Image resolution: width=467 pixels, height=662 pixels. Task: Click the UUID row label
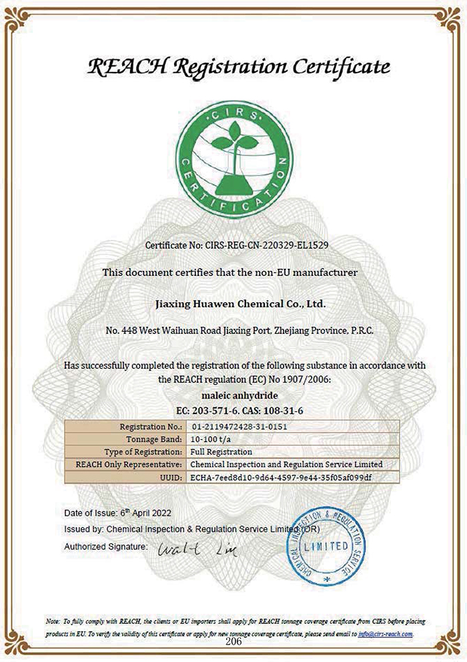(x=169, y=477)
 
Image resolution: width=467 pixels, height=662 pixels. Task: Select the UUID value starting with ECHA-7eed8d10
(x=280, y=477)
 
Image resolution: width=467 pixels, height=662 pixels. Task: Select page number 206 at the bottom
(x=233, y=642)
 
